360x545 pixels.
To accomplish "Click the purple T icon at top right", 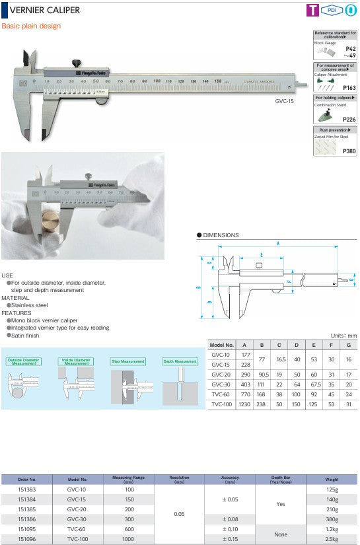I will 313,11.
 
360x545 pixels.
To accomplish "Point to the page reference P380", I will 349,151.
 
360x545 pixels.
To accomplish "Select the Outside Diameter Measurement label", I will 24,361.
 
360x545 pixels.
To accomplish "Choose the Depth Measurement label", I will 180,361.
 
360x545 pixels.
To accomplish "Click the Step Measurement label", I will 127,361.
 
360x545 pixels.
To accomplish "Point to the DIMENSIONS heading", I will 221,235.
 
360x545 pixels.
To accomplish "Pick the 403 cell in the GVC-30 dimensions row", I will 245,384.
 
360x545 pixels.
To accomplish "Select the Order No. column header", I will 28,479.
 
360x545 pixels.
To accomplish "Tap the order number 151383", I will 28,490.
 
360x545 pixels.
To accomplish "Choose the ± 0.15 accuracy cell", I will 231,540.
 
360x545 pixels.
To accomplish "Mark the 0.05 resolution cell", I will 179,513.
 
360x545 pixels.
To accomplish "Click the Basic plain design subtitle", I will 31,26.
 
